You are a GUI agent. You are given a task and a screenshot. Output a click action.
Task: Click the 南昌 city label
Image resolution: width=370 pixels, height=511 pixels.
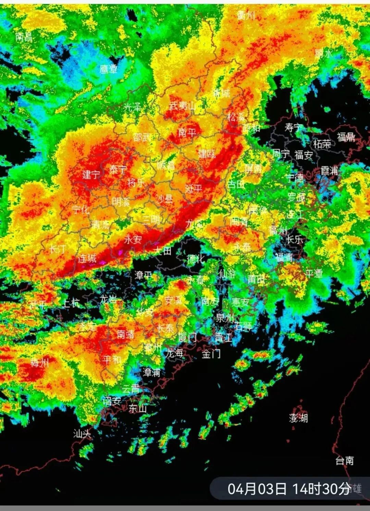(24, 37)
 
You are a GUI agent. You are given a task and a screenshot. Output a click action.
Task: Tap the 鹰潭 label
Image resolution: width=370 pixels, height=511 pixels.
(109, 69)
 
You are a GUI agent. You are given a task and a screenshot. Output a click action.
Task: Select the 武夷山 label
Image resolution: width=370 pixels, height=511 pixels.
(182, 106)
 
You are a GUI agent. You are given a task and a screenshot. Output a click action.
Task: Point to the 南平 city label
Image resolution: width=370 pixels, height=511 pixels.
(187, 132)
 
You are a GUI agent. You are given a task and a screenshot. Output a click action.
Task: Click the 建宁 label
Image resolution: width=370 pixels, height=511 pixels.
(91, 174)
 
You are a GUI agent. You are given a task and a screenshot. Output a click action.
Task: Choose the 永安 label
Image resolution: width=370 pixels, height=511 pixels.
(133, 239)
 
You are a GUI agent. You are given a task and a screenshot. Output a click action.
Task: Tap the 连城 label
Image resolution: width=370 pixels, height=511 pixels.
(87, 258)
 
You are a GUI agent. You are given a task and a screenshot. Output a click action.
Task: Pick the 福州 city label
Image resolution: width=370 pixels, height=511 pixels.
(278, 230)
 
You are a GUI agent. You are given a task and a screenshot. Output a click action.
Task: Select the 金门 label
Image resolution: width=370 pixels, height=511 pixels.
(211, 354)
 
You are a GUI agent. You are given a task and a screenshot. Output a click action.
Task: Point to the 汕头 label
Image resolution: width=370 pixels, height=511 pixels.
(82, 434)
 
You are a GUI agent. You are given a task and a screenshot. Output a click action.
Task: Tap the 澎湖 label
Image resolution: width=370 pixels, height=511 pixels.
(298, 418)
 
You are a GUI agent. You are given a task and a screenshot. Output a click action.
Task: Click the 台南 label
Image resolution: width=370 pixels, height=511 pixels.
(344, 460)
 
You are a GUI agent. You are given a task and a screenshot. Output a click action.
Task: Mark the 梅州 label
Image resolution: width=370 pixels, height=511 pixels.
(40, 363)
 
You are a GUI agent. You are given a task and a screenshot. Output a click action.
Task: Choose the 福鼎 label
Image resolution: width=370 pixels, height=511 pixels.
(346, 137)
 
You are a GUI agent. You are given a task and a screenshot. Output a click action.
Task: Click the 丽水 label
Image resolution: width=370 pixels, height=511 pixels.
(323, 53)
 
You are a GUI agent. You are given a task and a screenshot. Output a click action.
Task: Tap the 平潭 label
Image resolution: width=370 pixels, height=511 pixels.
(314, 273)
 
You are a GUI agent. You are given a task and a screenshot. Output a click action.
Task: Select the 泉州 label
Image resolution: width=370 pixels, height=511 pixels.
(225, 318)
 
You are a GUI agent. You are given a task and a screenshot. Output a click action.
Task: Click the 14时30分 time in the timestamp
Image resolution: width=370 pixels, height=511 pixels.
(321, 489)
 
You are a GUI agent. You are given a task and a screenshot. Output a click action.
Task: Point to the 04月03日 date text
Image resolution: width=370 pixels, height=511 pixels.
(257, 489)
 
